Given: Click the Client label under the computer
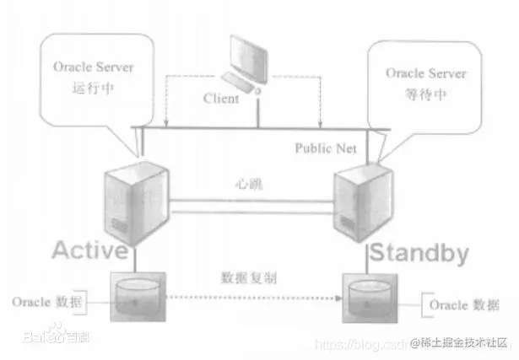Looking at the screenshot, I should click(221, 99).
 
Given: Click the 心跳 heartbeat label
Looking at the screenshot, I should click(246, 183).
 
